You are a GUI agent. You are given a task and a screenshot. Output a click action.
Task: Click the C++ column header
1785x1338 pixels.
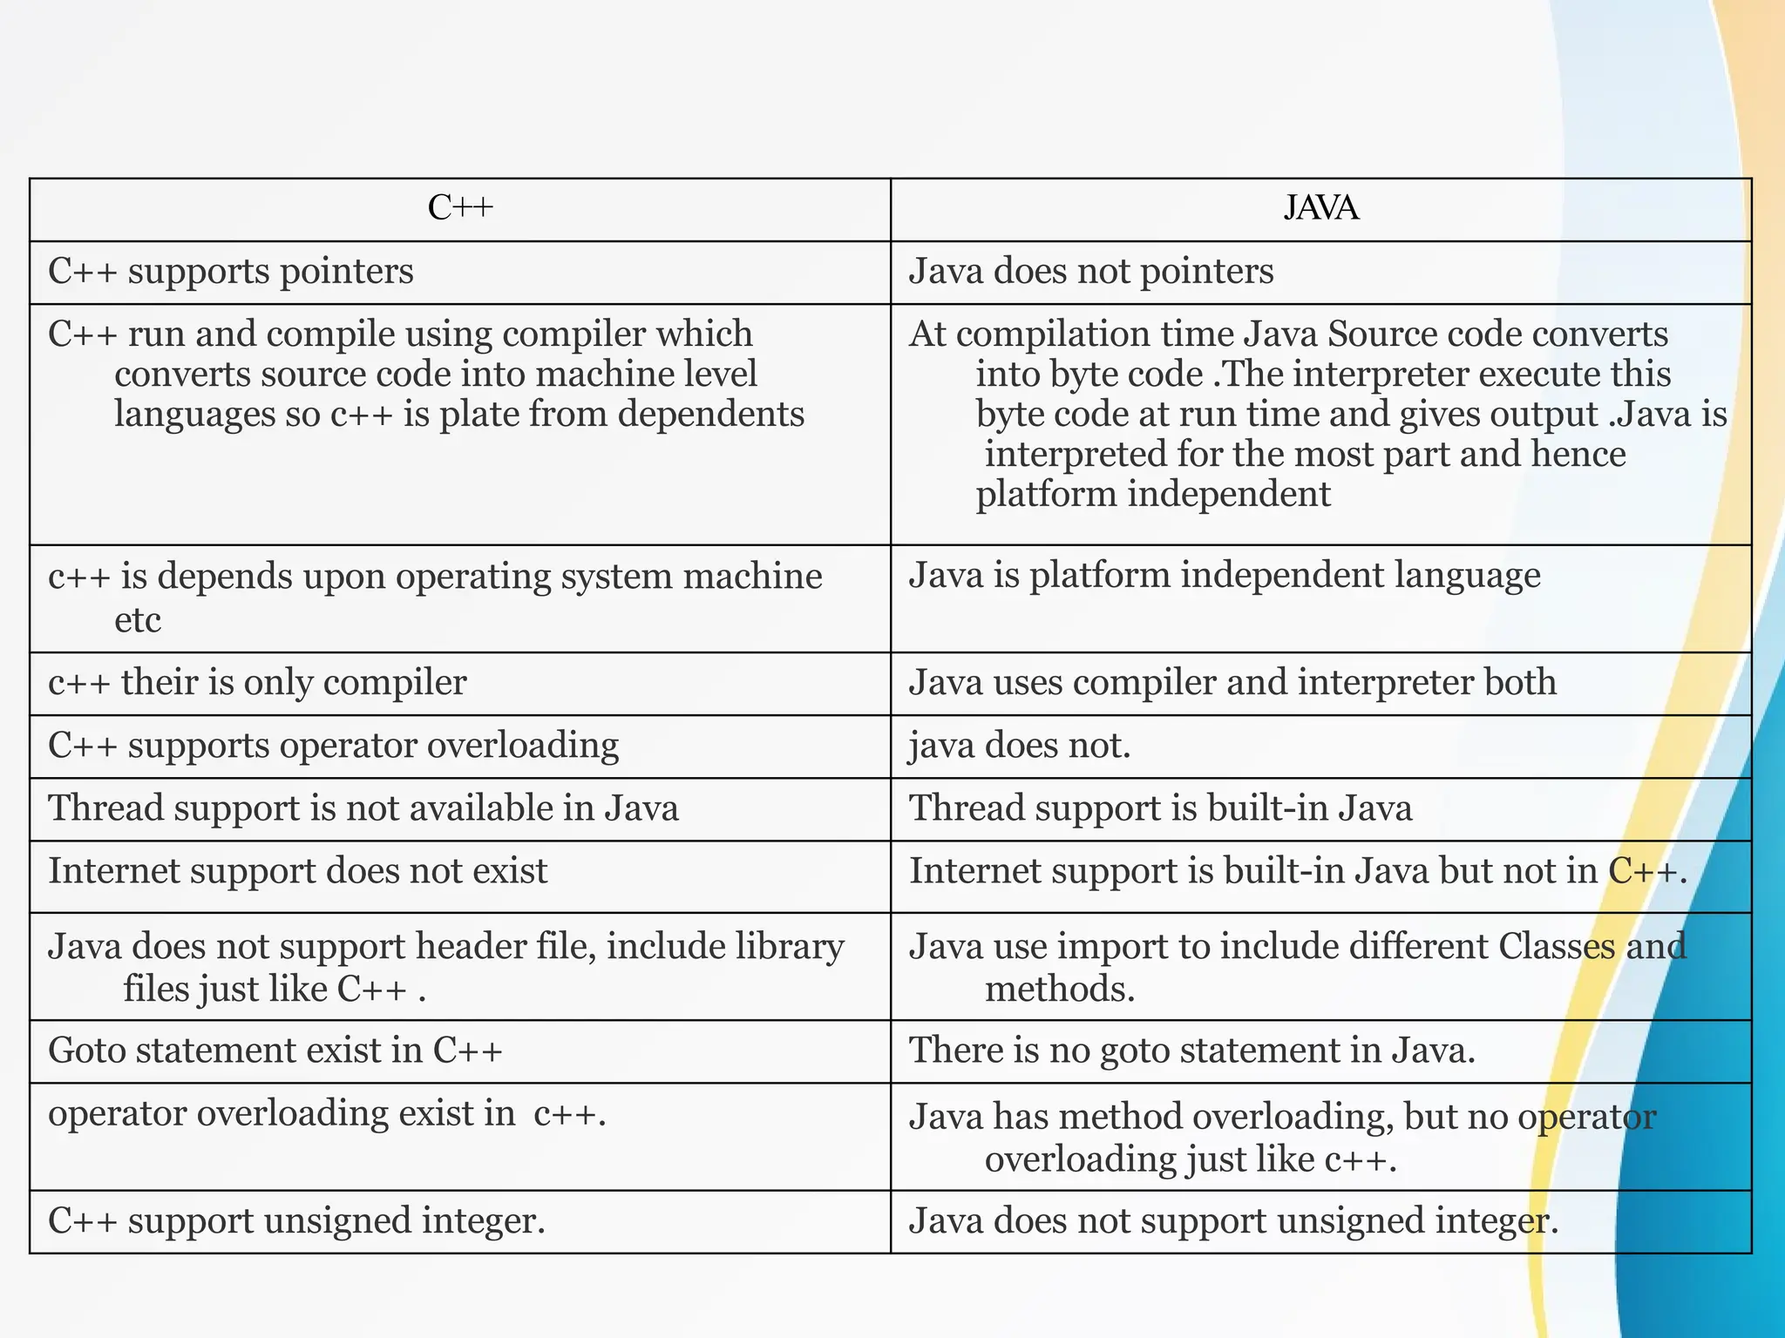460,208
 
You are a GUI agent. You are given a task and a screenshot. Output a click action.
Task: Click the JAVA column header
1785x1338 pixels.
1320,208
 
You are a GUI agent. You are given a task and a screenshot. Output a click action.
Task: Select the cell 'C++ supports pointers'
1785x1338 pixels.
231,272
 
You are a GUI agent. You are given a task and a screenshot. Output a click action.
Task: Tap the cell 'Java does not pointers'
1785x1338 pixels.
1091,272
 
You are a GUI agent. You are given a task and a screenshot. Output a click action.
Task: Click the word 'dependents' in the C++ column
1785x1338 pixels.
710,414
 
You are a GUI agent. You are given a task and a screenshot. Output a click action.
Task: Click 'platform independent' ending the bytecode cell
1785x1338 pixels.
1152,495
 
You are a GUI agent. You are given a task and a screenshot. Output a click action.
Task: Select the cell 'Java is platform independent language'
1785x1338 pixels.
1225,576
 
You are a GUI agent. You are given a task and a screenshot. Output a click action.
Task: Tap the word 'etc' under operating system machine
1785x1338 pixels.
138,620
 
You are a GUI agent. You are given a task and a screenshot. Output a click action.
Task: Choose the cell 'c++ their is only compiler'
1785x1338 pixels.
257,683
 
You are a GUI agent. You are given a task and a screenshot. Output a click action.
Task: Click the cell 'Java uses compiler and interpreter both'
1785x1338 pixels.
1232,683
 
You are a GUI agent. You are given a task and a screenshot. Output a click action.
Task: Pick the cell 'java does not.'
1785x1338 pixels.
1020,747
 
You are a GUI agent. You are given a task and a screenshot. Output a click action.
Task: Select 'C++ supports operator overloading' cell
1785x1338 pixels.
333,747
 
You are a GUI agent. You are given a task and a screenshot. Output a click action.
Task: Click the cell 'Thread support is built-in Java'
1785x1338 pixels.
1160,808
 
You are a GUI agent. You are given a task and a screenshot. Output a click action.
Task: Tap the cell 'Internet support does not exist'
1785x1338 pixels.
298,871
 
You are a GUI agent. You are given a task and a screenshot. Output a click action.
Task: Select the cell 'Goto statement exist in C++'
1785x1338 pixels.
275,1051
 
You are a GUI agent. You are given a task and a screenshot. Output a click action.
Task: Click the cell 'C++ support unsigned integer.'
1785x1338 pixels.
296,1221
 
